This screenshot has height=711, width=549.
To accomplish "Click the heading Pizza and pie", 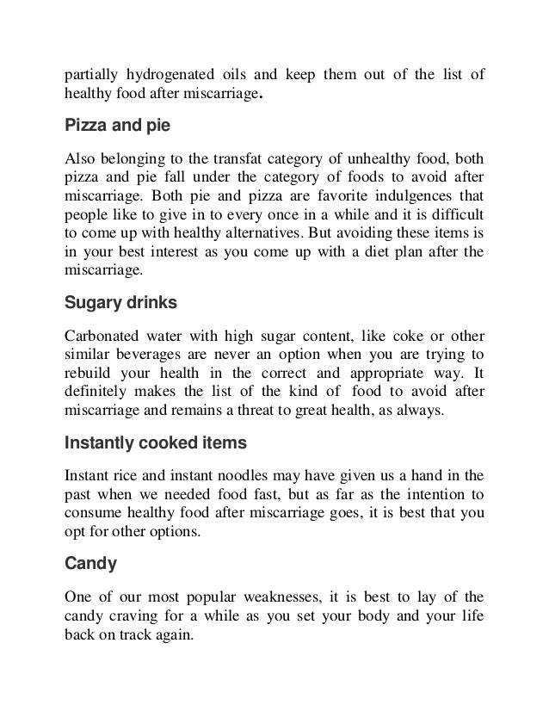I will click(x=118, y=127).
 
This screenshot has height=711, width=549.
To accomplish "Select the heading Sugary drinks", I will click(x=122, y=303).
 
